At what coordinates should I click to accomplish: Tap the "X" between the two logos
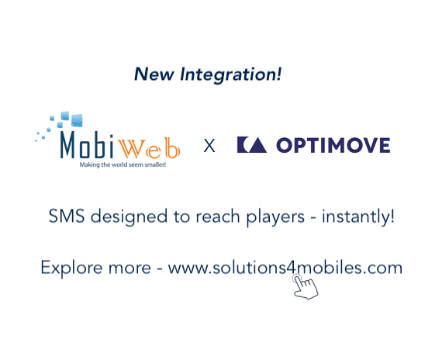[x=209, y=145]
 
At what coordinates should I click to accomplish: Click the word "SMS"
[x=65, y=216]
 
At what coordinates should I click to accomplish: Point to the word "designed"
[x=124, y=217]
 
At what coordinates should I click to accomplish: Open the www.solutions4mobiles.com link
[x=285, y=268]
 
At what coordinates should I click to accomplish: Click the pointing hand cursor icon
[x=304, y=286]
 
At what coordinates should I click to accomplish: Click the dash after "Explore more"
[x=158, y=269]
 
